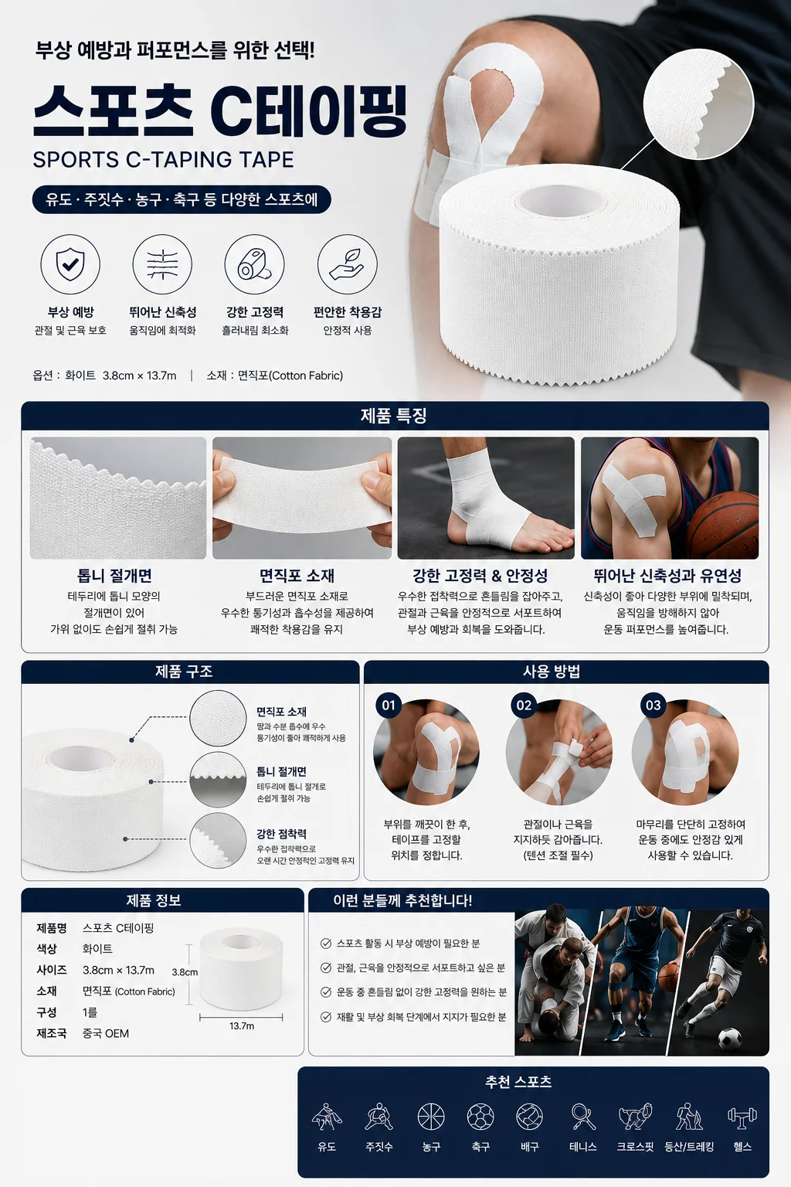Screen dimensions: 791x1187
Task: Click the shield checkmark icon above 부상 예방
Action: point(70,264)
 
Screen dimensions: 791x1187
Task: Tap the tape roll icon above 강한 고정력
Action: point(254,264)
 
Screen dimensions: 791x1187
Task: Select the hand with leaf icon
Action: point(347,264)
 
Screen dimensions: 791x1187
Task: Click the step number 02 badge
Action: point(524,706)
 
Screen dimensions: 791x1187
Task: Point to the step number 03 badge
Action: point(653,706)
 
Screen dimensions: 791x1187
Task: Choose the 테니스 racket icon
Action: point(582,1116)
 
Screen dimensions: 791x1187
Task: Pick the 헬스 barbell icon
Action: point(742,1116)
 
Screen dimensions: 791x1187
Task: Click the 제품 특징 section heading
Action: point(394,416)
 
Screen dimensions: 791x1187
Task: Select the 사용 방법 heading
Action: point(552,672)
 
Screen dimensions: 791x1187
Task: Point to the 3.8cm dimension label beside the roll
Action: point(185,972)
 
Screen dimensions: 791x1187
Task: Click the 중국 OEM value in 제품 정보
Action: point(105,1032)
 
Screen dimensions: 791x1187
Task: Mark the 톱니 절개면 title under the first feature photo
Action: point(114,576)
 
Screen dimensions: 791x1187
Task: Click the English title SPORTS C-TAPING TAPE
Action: point(163,159)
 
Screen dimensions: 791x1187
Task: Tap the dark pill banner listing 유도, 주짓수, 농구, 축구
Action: point(182,200)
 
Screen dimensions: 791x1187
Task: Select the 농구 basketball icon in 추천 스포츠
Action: point(431,1116)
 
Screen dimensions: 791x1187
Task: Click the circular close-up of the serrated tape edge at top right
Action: point(698,104)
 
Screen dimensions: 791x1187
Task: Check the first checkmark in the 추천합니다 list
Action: point(326,944)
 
